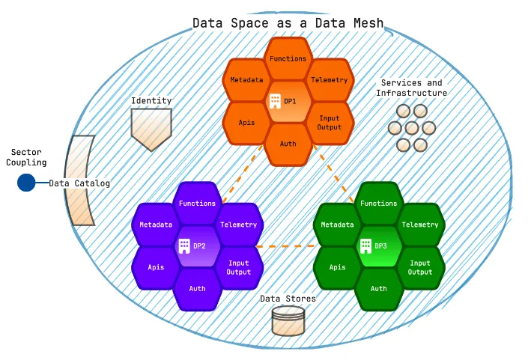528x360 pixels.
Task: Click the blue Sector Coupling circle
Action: (26, 182)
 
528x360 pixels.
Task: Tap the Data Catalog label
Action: (79, 183)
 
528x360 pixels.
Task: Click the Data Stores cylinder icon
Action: (288, 321)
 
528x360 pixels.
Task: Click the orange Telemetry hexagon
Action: (329, 80)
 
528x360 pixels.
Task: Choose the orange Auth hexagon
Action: (288, 144)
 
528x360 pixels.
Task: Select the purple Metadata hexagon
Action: (156, 225)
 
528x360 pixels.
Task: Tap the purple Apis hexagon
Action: (156, 267)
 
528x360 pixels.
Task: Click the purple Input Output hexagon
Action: (238, 267)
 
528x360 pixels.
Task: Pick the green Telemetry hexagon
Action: (419, 225)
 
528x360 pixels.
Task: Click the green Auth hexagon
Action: (379, 289)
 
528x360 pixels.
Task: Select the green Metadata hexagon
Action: (337, 225)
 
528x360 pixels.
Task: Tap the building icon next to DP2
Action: (183, 245)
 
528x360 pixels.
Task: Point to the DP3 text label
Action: (382, 245)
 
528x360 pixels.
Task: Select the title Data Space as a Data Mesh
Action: (288, 23)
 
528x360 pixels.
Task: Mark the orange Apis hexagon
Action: (247, 123)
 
